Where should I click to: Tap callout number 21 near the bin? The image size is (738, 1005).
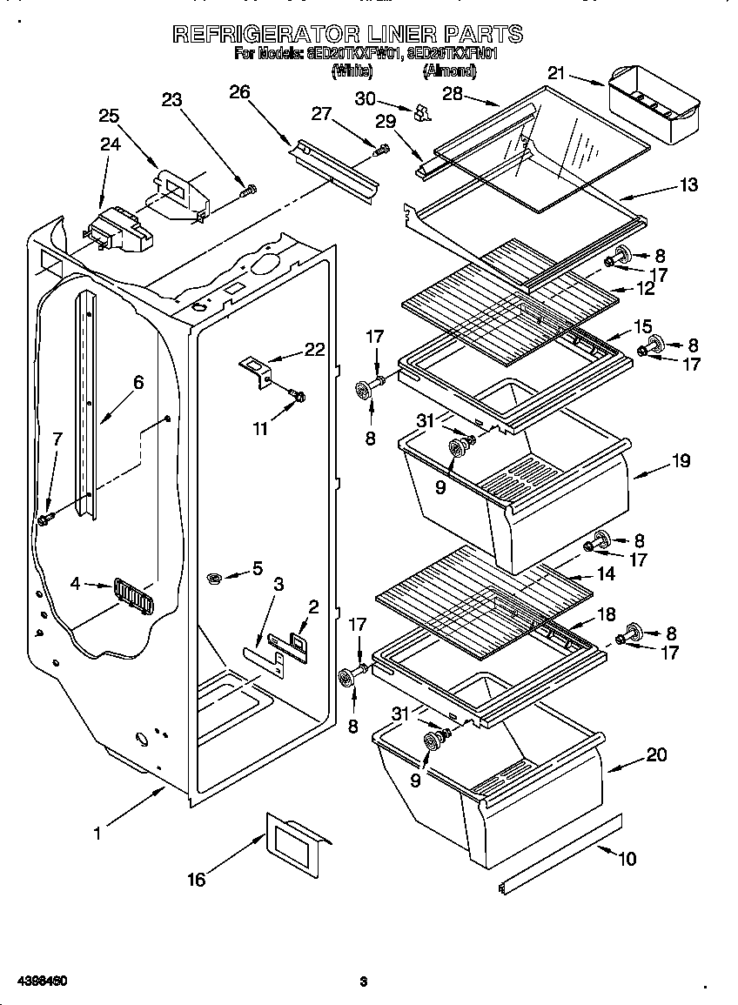pyautogui.click(x=555, y=73)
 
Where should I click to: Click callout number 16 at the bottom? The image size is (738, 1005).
pyautogui.click(x=197, y=880)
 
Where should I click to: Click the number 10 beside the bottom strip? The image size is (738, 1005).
pyautogui.click(x=627, y=859)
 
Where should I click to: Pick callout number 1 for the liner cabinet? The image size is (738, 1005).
pyautogui.click(x=97, y=833)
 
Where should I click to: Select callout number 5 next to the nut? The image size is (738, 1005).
pyautogui.click(x=257, y=568)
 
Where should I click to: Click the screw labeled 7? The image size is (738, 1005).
pyautogui.click(x=45, y=519)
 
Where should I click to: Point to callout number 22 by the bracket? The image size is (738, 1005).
pyautogui.click(x=314, y=350)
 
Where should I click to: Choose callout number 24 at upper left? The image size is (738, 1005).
pyautogui.click(x=110, y=145)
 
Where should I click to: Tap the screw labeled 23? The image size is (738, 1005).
pyautogui.click(x=250, y=188)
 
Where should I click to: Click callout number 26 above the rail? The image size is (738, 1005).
pyautogui.click(x=239, y=91)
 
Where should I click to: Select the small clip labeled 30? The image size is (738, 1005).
pyautogui.click(x=423, y=112)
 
